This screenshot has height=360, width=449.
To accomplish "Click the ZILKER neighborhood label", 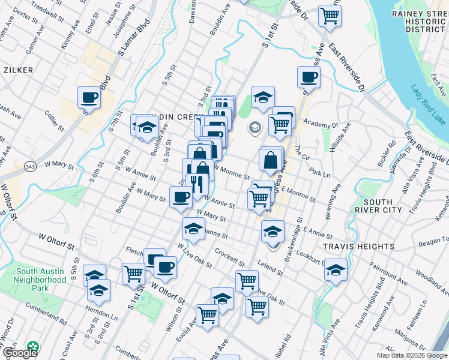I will pos(16,70).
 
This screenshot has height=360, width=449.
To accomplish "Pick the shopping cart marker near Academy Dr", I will pos(280,124).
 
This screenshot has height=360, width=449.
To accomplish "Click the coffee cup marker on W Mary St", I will pos(181,196).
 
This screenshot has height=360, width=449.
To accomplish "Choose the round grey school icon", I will pos(255,127).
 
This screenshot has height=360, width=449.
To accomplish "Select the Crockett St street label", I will pos(229,259).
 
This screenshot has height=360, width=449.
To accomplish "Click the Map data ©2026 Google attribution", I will pos(411,355).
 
